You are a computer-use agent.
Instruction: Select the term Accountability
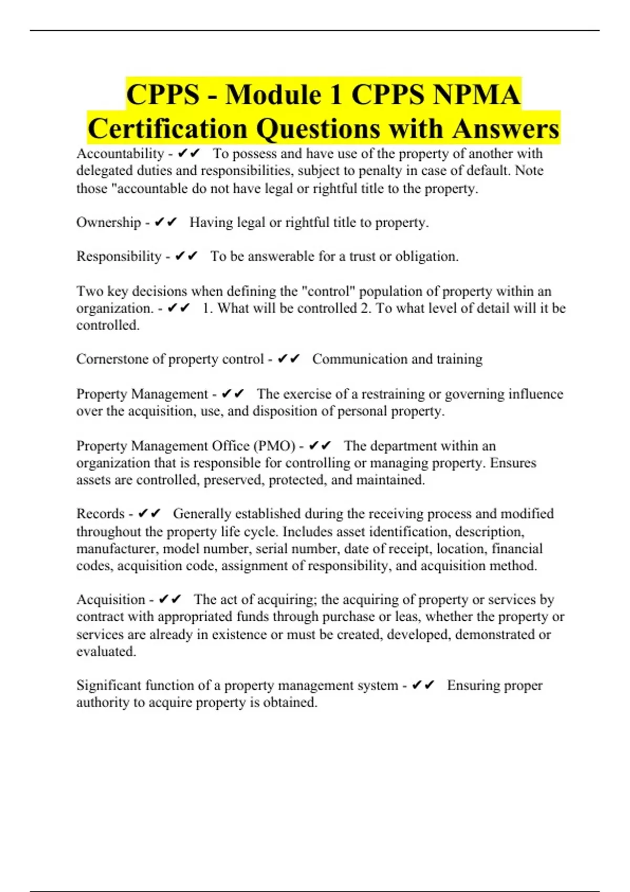point(120,154)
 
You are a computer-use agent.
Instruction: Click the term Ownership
point(109,222)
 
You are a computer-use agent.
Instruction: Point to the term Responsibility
point(119,257)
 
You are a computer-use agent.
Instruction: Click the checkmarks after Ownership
point(166,222)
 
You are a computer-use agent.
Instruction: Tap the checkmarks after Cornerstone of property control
point(289,359)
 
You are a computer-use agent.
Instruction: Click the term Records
point(100,514)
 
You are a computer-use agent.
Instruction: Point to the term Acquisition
point(110,600)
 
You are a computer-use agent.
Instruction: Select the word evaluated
point(106,652)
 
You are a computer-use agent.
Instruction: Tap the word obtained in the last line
point(289,703)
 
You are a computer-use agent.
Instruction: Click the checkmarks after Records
point(149,514)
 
